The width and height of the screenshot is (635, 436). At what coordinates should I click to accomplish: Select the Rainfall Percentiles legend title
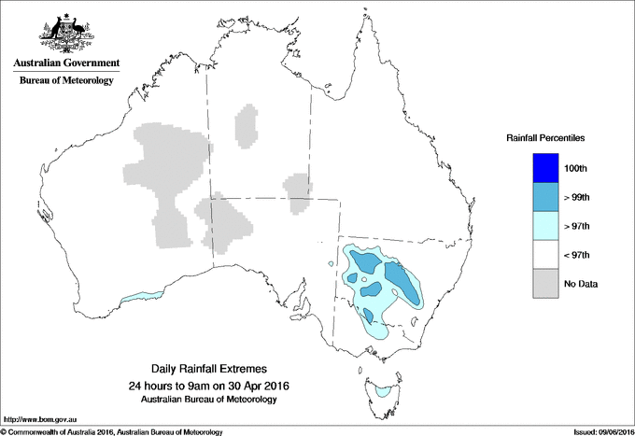545,137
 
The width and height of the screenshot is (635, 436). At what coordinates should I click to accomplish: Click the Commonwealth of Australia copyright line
112,430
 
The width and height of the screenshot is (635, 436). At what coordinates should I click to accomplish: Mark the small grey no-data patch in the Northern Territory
247,127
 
